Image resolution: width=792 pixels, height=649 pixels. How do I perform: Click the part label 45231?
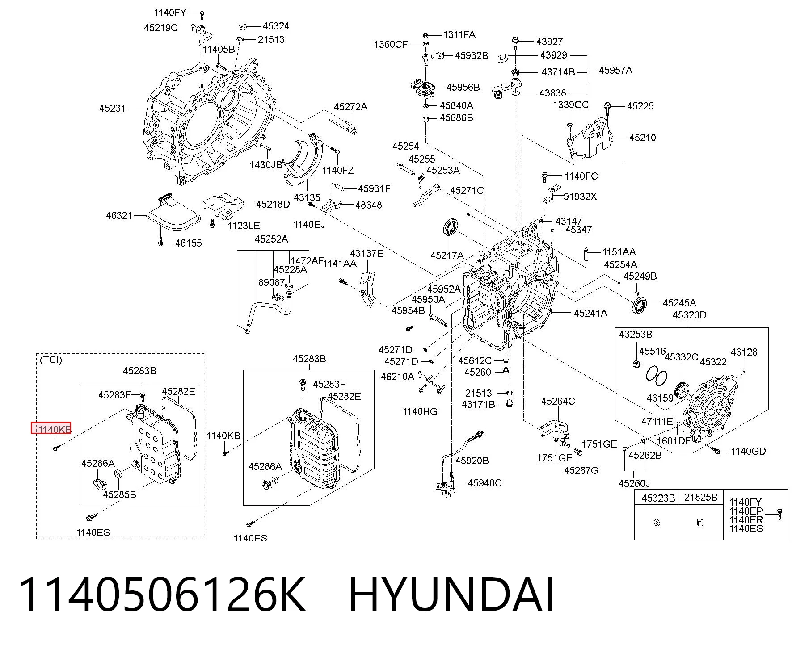point(113,108)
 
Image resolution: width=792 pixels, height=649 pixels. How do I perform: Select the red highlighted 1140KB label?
point(51,428)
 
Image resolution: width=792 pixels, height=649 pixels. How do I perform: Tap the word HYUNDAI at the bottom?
point(451,595)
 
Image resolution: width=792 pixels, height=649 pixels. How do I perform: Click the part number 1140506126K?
point(162,595)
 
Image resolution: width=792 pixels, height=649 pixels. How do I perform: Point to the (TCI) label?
point(51,360)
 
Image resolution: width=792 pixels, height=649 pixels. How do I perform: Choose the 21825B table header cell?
point(700,498)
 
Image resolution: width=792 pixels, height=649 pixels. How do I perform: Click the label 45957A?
point(615,71)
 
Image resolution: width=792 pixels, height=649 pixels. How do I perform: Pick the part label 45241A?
point(590,313)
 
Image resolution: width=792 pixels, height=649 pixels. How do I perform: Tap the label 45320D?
point(689,315)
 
